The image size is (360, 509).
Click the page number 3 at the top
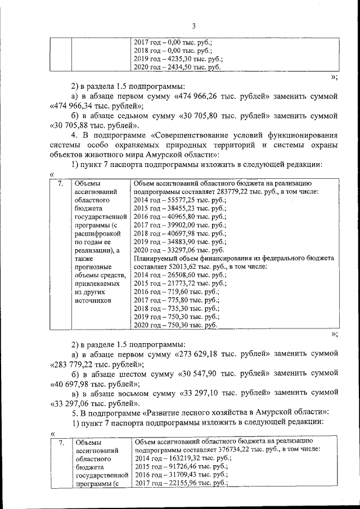tap(193, 26)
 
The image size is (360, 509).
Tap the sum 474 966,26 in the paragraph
tap(203, 97)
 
